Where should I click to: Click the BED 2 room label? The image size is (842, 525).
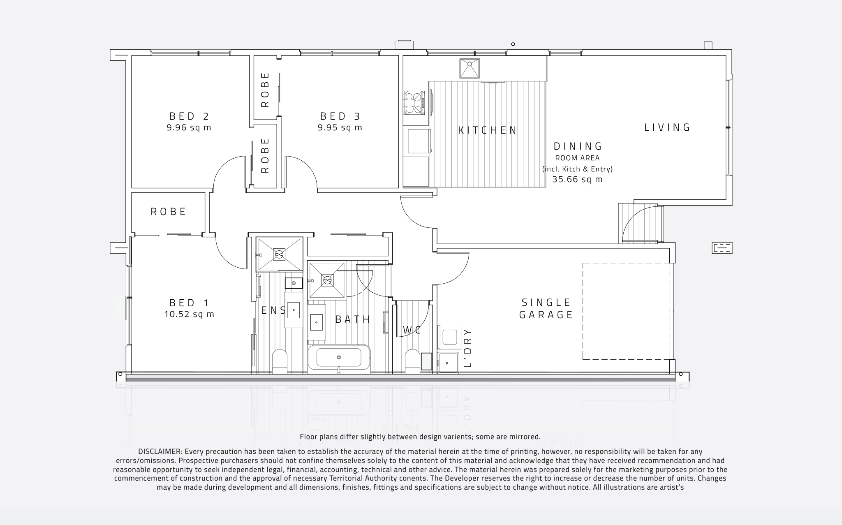tap(189, 116)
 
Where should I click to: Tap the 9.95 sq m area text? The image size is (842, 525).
tap(340, 128)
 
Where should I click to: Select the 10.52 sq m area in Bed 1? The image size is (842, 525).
tap(189, 315)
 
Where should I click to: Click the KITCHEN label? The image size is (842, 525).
tap(487, 130)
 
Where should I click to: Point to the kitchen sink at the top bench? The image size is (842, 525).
tap(470, 68)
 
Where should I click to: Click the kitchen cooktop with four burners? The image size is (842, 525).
tap(414, 103)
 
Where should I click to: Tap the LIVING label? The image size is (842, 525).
tap(667, 127)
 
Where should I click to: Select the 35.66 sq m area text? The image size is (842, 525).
tap(577, 180)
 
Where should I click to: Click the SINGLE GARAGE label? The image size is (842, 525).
tap(546, 309)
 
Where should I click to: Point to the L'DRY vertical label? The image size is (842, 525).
tap(467, 347)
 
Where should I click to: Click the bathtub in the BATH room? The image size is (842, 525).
tap(339, 357)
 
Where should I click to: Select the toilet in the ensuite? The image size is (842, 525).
tap(280, 360)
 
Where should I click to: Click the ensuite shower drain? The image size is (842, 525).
tap(279, 255)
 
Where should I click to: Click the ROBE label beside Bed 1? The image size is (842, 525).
tap(169, 212)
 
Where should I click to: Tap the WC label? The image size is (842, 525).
tap(412, 330)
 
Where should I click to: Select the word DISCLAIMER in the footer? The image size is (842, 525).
tap(160, 452)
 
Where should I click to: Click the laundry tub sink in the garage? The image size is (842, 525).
tap(448, 363)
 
